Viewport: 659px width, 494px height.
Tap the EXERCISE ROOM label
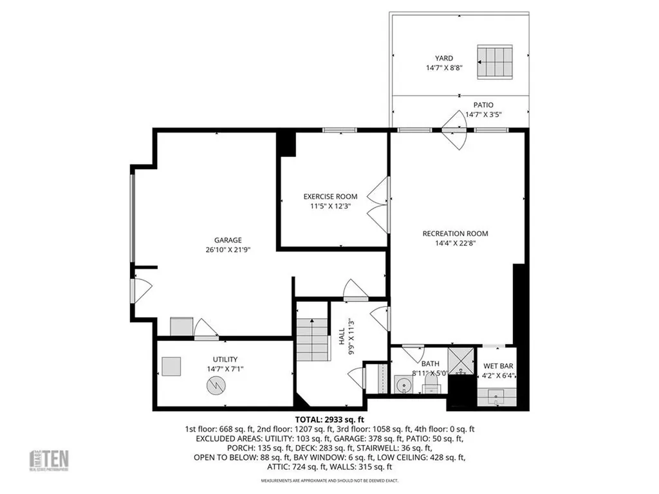330,196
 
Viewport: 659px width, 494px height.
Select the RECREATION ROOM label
455,233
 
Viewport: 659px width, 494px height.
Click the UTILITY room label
225,359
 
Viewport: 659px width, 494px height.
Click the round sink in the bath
404,386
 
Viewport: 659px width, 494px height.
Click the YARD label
444,58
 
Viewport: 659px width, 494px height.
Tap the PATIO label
483,104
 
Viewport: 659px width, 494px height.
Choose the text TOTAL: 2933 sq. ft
329,419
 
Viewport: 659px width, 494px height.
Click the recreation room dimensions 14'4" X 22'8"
455,243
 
